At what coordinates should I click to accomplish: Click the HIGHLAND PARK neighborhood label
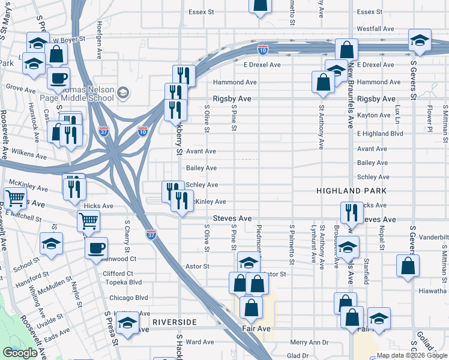tap(351, 190)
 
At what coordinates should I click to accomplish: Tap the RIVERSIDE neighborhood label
tap(174, 322)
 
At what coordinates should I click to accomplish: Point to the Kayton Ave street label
tap(373, 115)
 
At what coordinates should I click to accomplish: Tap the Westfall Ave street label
tap(375, 29)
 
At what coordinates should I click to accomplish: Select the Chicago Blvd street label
tap(128, 298)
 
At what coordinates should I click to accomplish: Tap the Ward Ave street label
tap(200, 342)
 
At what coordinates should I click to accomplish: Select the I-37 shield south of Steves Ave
tap(151, 233)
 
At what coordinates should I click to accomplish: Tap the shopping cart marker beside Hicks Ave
tap(88, 221)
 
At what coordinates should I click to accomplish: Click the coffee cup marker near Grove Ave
tap(59, 78)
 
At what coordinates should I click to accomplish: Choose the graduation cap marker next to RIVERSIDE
tap(126, 325)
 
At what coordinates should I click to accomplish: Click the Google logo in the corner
tap(20, 352)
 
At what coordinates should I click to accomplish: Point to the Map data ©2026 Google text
tap(411, 355)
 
